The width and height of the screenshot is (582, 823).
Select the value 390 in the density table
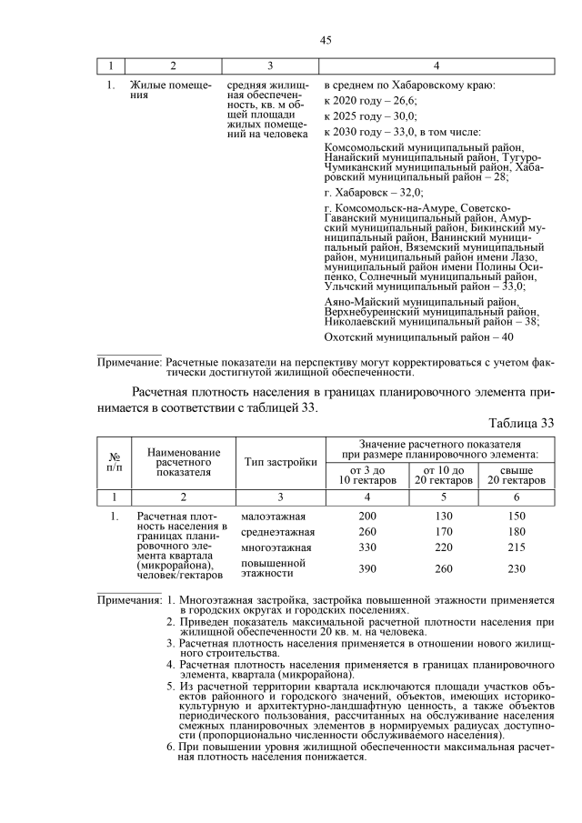[367, 568]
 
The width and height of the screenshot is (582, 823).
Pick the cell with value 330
[367, 547]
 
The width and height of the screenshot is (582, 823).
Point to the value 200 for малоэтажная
[367, 515]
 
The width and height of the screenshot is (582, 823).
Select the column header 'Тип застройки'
[280, 462]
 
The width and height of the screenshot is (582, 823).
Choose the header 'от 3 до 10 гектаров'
[367, 474]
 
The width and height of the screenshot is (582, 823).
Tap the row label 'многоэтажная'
[276, 547]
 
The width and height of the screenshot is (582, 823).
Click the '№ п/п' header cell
[115, 462]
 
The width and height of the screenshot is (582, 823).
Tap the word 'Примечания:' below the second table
[129, 601]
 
